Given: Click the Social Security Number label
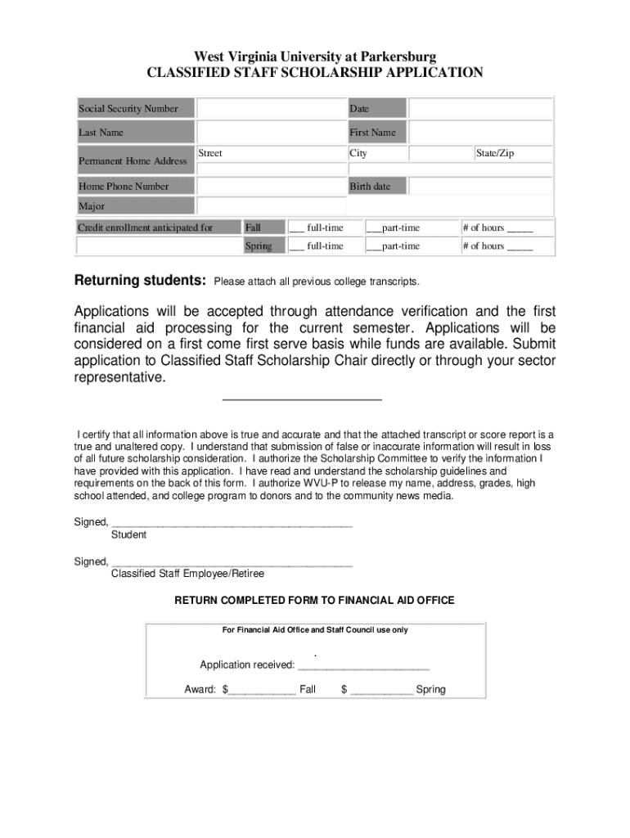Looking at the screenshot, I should tap(128, 109).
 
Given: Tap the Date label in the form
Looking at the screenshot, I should tap(359, 109).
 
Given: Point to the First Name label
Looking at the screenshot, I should tap(372, 133).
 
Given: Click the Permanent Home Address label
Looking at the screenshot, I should tap(133, 161).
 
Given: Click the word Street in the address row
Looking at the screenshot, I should tap(210, 154).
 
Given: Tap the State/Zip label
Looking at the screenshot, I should tap(495, 154).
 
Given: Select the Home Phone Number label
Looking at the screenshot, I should tap(124, 187).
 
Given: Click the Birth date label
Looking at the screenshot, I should tap(370, 187).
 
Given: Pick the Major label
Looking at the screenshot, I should tap(92, 206).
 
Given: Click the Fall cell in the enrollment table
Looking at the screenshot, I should tap(254, 228).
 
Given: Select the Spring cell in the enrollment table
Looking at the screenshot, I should tap(259, 246).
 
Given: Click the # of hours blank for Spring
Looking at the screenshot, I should tap(520, 247).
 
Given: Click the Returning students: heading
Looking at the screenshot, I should tap(140, 282).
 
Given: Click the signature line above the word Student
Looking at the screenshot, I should tap(232, 523).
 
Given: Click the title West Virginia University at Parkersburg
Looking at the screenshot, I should tap(315, 56).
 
